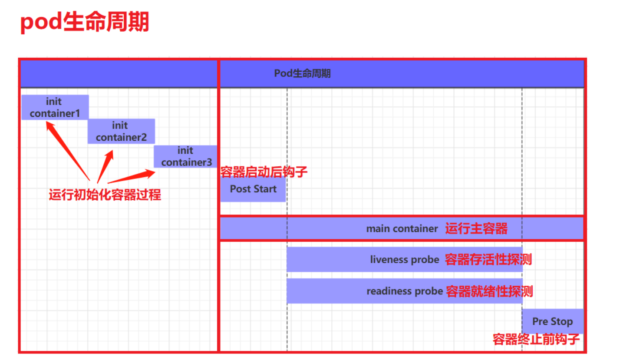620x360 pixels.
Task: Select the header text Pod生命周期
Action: click(302, 73)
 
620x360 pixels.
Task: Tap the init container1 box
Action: click(55, 107)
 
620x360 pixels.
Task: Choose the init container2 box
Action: click(121, 131)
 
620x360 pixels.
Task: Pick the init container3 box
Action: click(186, 156)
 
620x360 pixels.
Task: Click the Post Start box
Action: click(253, 189)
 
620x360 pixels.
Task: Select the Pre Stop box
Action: click(552, 321)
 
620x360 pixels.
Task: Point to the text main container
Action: click(402, 228)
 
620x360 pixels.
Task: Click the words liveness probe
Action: click(405, 260)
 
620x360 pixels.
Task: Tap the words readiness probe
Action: click(404, 291)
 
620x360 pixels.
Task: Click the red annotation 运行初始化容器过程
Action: click(105, 195)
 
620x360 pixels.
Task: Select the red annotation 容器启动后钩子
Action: click(264, 172)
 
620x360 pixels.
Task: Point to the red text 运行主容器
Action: click(476, 228)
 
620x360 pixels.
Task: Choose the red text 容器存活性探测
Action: click(488, 260)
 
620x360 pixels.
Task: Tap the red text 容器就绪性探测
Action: click(489, 291)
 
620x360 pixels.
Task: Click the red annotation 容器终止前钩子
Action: click(536, 339)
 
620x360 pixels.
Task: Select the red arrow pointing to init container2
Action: click(105, 166)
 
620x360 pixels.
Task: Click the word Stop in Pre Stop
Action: click(562, 322)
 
